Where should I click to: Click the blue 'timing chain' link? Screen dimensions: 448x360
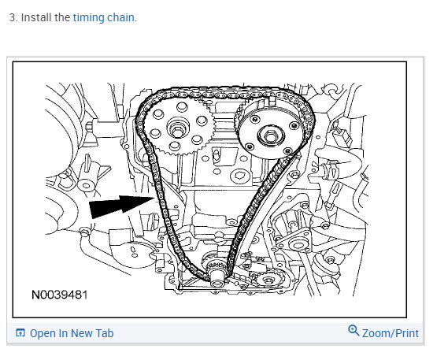point(103,18)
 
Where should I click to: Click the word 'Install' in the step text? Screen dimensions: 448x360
point(36,17)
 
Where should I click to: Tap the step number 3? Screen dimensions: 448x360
point(12,17)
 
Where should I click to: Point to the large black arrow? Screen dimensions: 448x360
point(121,206)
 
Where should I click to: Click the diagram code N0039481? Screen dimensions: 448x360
point(59,295)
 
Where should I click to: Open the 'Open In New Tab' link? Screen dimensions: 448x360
point(72,333)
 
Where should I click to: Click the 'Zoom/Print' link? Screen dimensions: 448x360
point(391,333)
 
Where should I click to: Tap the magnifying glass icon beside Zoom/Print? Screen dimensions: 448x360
point(354,330)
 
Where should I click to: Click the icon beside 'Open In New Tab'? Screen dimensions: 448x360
point(20,333)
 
